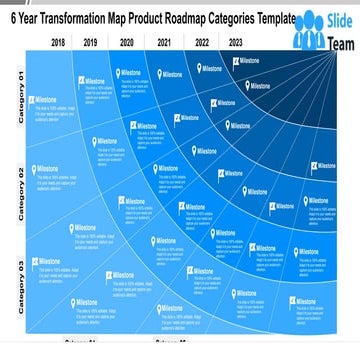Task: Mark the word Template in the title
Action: click(x=283, y=20)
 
